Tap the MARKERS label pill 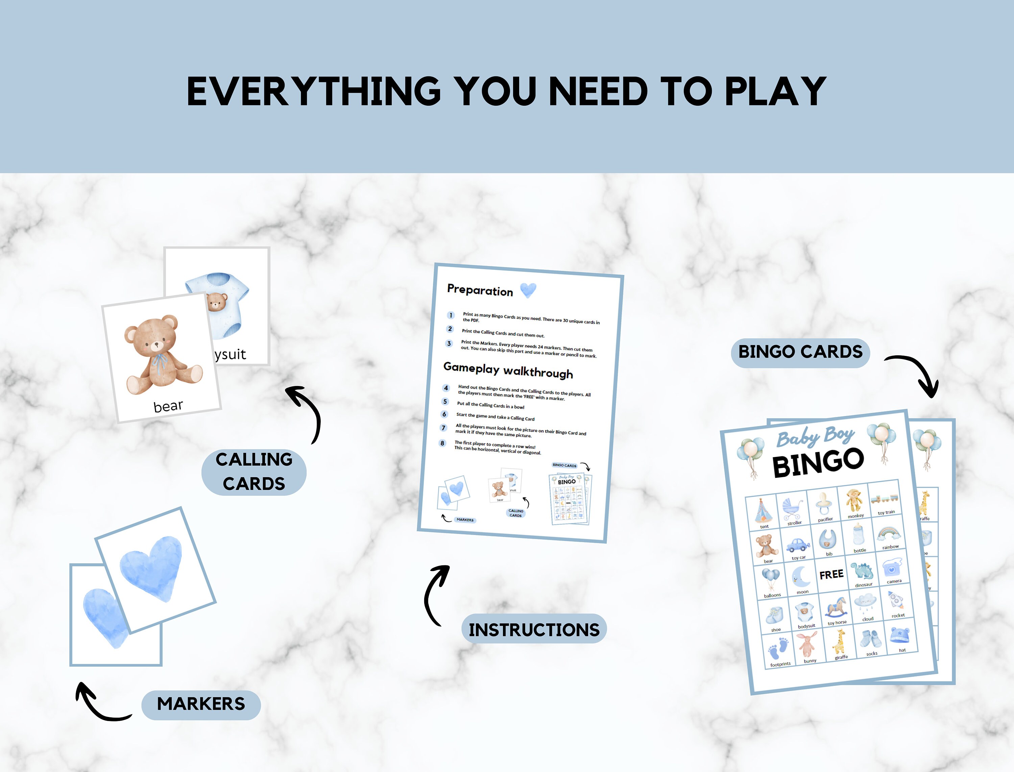pyautogui.click(x=201, y=704)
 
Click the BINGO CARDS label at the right pyautogui.click(x=800, y=352)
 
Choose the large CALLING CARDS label pyautogui.click(x=254, y=472)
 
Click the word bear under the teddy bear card pyautogui.click(x=168, y=406)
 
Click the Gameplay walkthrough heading pyautogui.click(x=508, y=370)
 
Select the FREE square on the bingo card pyautogui.click(x=831, y=574)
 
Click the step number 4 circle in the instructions pyautogui.click(x=445, y=388)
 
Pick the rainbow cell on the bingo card pyautogui.click(x=889, y=536)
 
